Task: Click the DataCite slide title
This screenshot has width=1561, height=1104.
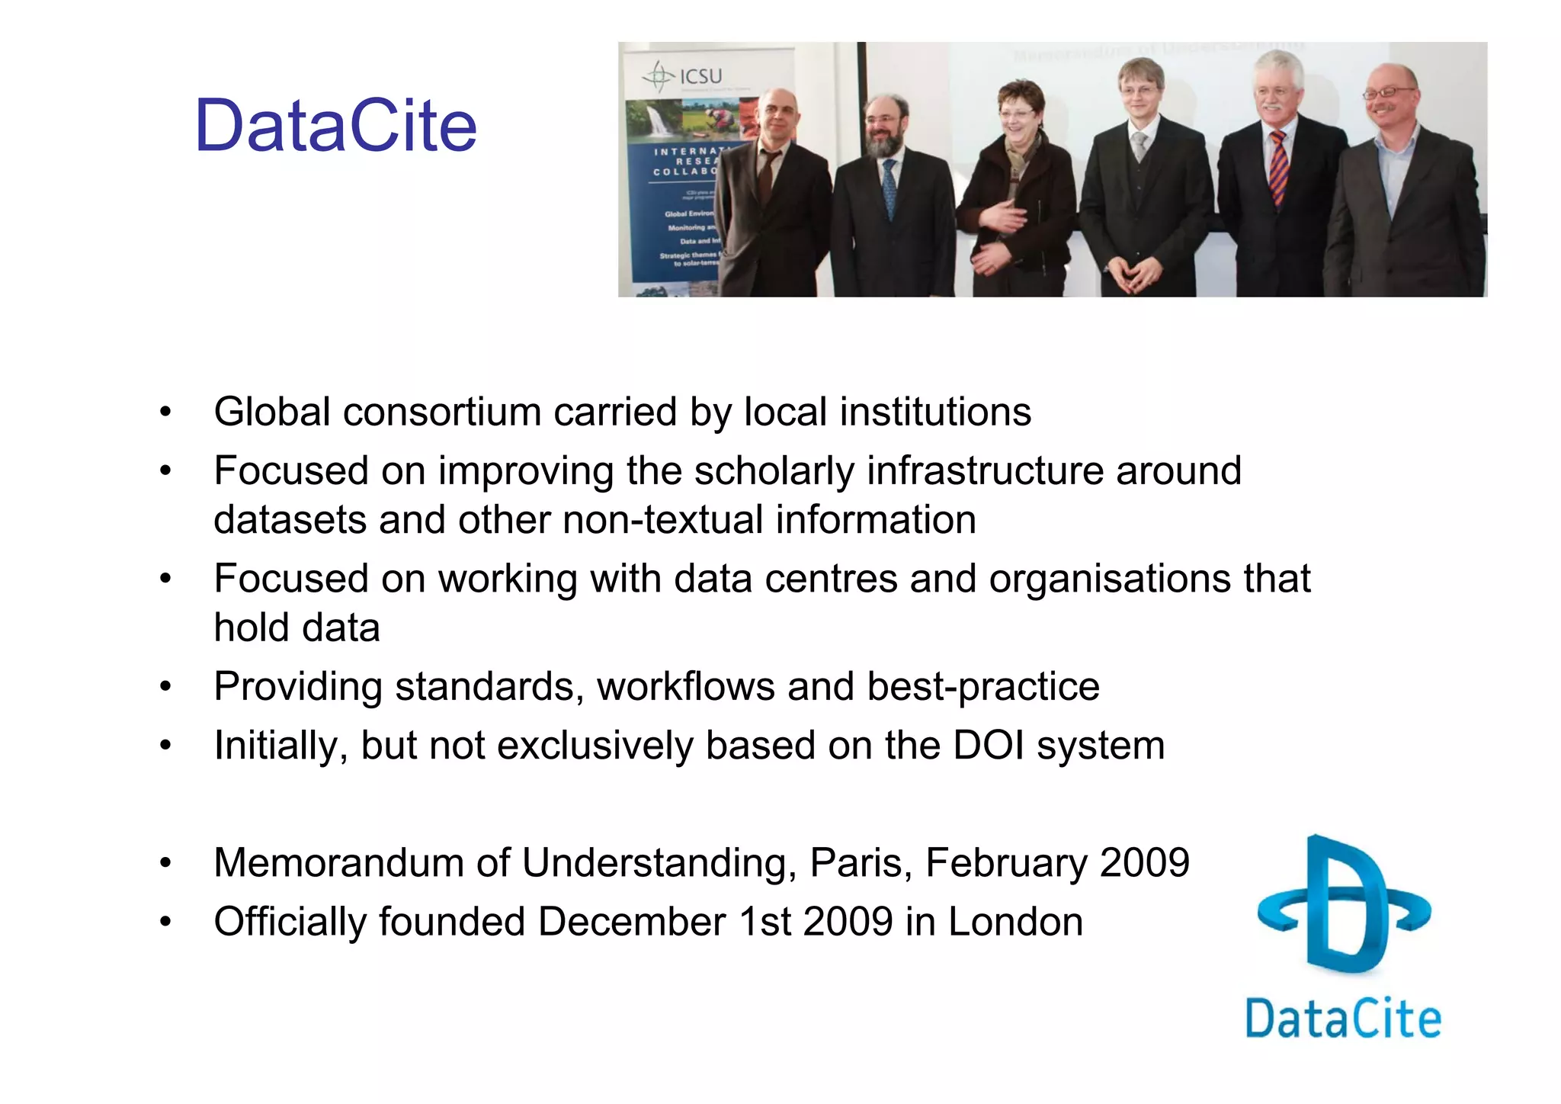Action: pos(335,126)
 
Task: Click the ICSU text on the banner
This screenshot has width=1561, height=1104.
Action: pos(700,76)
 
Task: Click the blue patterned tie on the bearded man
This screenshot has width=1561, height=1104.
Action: pos(889,187)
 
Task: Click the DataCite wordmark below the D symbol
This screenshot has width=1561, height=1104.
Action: pos(1343,1019)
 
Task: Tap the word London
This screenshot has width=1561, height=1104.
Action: pos(1015,922)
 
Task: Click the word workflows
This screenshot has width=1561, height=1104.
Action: pos(686,686)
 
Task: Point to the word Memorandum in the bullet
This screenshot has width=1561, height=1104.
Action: pos(339,863)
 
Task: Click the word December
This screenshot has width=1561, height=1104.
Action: pos(631,922)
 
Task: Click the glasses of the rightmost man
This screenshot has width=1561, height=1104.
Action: pos(1389,93)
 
